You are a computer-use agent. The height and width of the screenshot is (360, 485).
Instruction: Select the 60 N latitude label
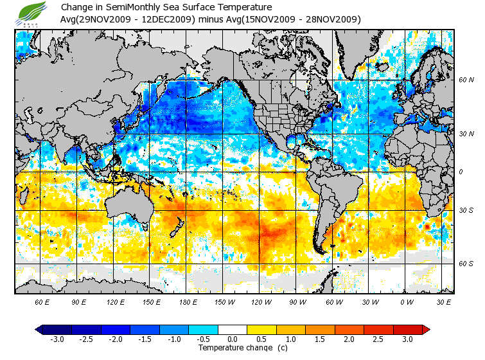point(466,80)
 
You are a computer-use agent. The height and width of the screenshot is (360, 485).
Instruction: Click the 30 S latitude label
point(466,210)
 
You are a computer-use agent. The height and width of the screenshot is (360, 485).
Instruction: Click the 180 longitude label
point(188,301)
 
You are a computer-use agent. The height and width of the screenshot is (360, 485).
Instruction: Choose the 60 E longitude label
point(43,301)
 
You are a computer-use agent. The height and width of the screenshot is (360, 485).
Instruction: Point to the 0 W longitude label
point(407,301)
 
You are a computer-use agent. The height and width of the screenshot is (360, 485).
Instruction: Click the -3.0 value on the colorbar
point(57,339)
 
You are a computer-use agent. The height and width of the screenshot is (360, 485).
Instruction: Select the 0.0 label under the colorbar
point(233,339)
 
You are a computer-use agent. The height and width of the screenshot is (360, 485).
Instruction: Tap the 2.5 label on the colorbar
point(379,339)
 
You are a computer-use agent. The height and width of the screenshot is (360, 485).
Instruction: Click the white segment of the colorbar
point(233,329)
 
